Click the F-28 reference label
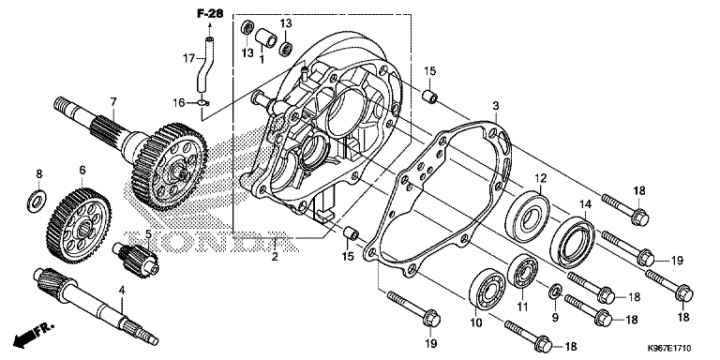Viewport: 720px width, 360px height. point(210,14)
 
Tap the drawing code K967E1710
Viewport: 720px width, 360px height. point(669,349)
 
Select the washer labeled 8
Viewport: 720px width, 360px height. point(36,201)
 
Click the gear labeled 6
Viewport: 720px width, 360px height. point(79,225)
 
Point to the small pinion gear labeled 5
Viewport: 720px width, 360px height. point(136,260)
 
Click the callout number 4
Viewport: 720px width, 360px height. point(121,291)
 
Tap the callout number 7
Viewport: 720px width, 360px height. point(113,100)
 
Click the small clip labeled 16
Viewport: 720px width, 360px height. point(203,103)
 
